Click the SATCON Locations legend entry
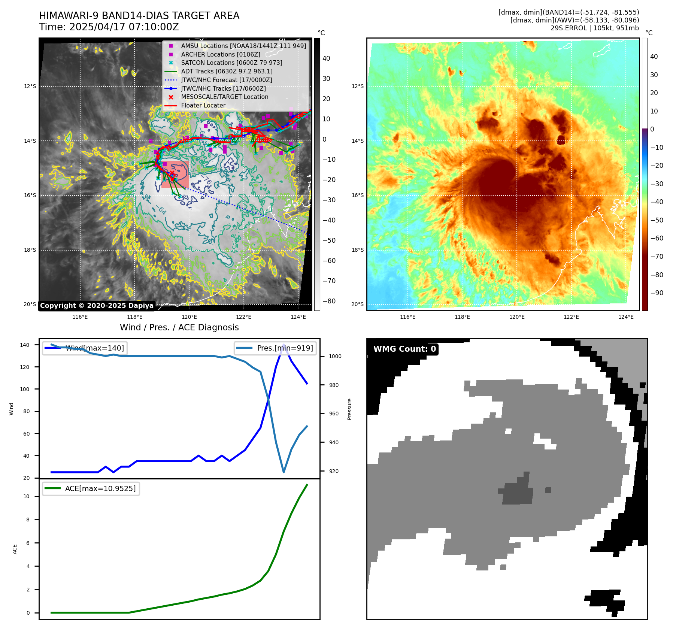(231, 63)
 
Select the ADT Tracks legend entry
(227, 71)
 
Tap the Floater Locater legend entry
(203, 105)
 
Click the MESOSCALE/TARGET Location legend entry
(224, 97)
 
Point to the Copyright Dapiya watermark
(97, 305)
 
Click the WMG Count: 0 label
(404, 349)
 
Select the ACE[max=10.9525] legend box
(91, 488)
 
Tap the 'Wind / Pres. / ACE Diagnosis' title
(179, 327)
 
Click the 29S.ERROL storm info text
(594, 28)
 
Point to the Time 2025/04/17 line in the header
(109, 27)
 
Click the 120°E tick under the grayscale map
(189, 317)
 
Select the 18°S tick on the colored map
(357, 250)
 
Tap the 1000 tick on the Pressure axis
(335, 356)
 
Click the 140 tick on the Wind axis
(25, 345)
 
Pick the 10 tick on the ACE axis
(26, 496)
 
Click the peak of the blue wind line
(284, 345)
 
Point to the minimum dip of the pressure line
(284, 472)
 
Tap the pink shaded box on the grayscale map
(175, 174)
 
